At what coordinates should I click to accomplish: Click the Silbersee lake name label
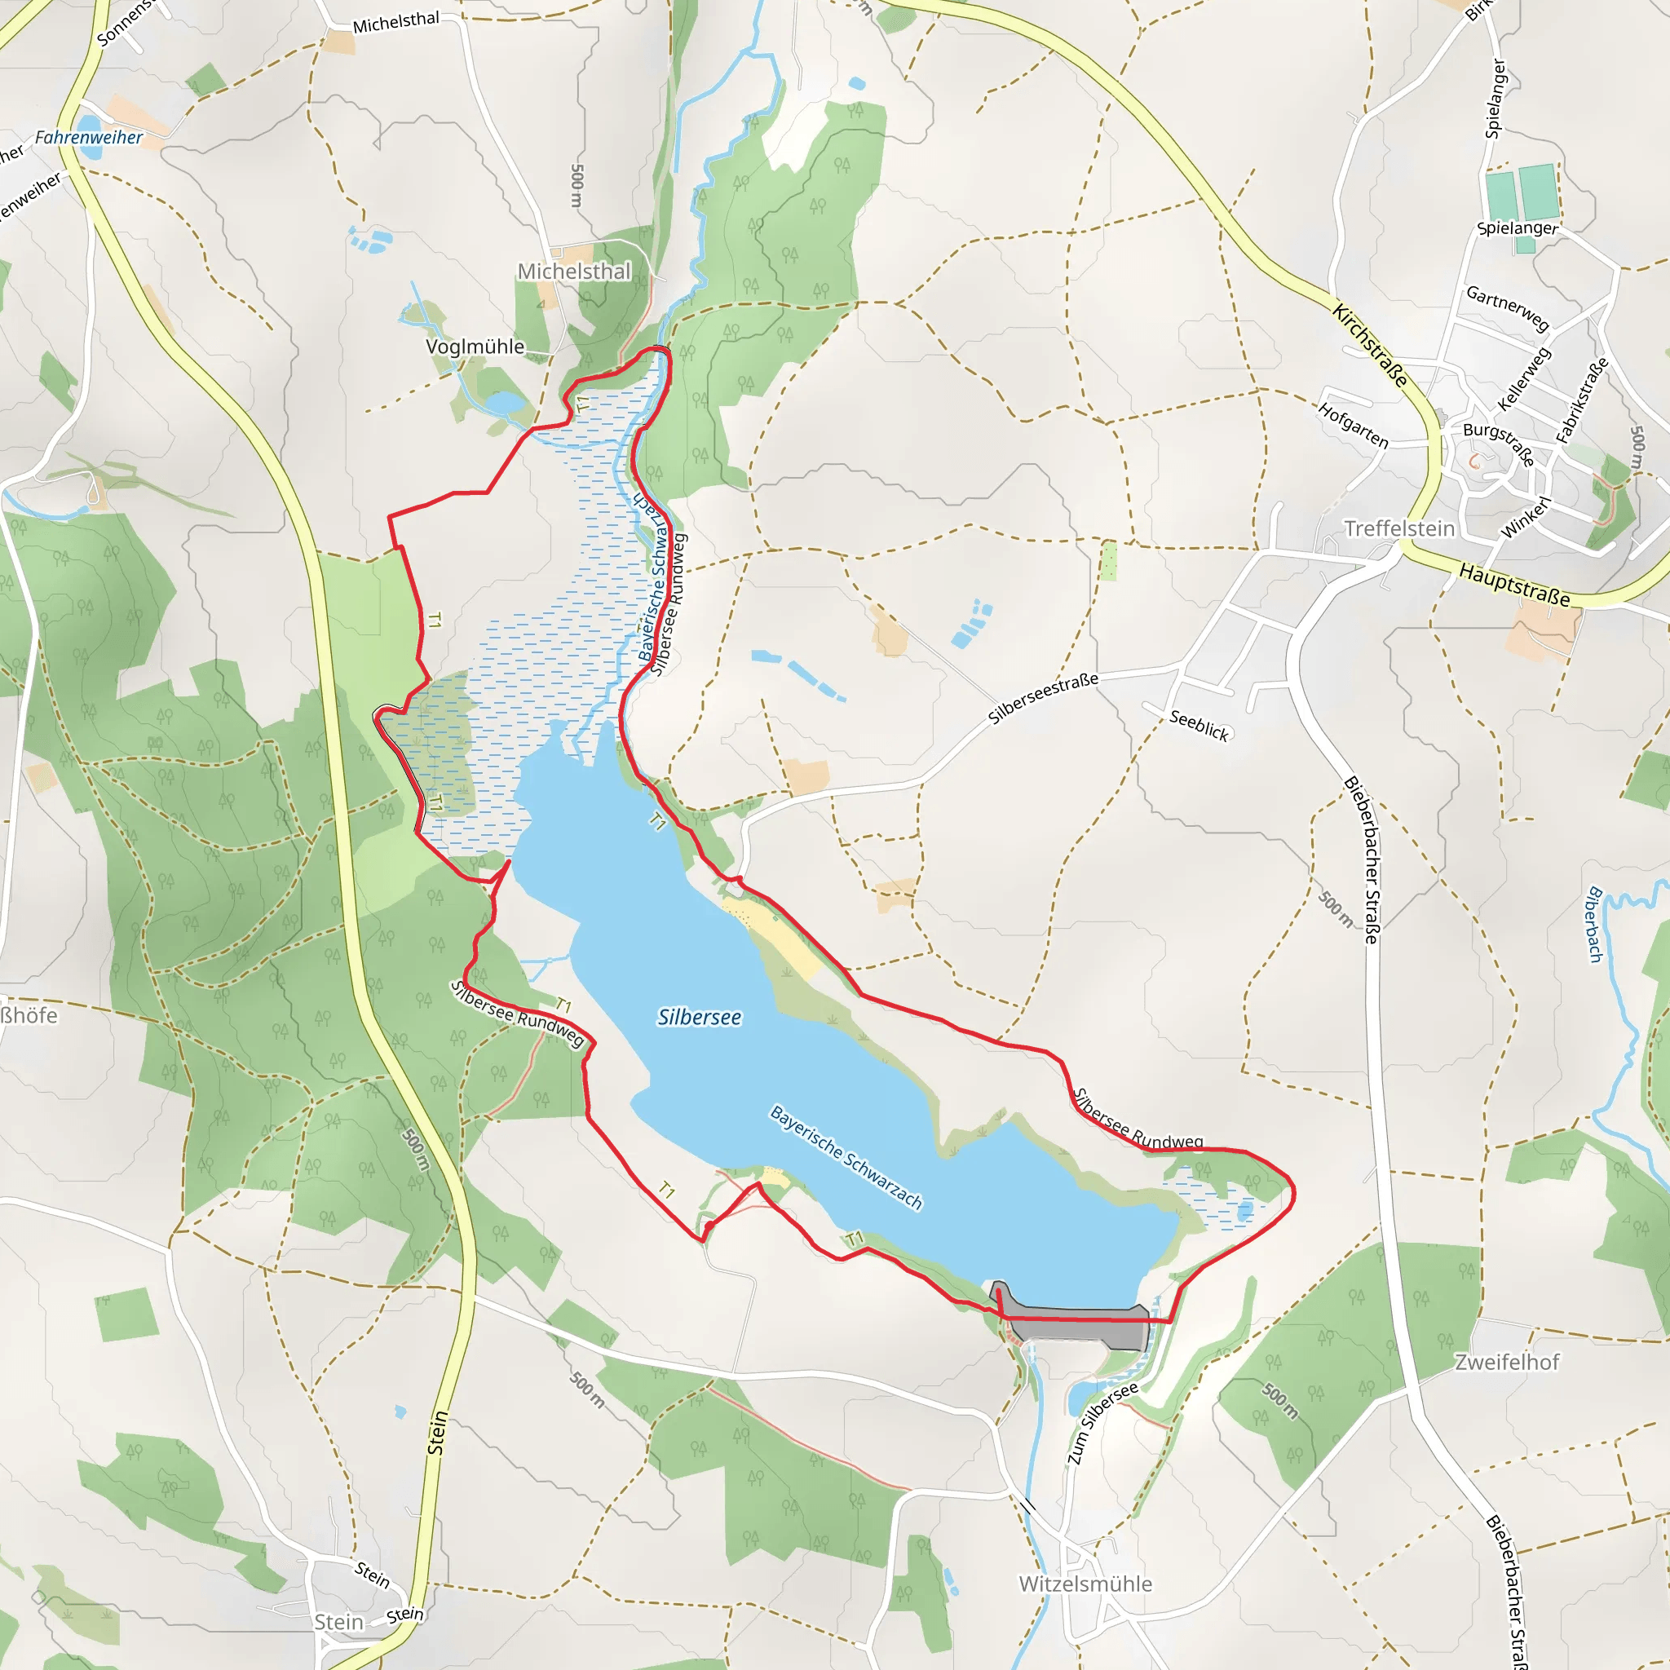tap(699, 1018)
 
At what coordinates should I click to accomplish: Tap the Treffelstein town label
tap(1398, 528)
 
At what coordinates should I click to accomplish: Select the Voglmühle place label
tap(475, 347)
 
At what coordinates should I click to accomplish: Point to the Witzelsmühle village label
tap(1085, 1584)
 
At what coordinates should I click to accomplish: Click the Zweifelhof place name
tap(1507, 1362)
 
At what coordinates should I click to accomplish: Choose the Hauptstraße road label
tap(1513, 585)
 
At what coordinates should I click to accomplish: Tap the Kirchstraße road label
tap(1370, 345)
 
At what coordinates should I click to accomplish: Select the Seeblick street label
tap(1199, 725)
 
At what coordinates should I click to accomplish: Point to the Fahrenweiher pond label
tap(88, 138)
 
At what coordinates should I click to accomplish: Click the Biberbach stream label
tap(1595, 924)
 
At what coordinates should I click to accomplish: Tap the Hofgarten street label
tap(1353, 426)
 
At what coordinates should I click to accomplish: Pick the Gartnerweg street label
tap(1507, 307)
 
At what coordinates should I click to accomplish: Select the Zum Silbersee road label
tap(1102, 1423)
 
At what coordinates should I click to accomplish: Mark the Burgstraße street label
tap(1499, 443)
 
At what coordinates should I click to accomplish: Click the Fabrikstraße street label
tap(1582, 400)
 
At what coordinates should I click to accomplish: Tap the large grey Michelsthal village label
tap(574, 272)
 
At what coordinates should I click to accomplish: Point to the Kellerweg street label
tap(1524, 378)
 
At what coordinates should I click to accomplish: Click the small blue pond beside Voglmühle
tap(505, 404)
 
